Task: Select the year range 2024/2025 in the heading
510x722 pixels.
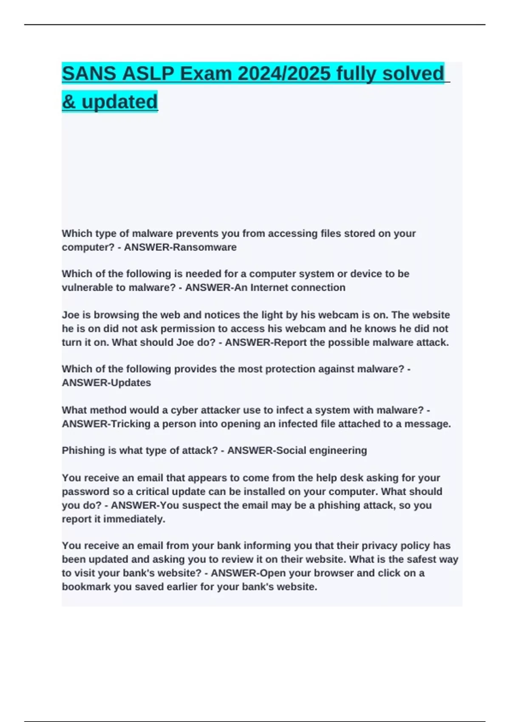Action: point(284,73)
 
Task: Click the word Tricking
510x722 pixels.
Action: point(130,424)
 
